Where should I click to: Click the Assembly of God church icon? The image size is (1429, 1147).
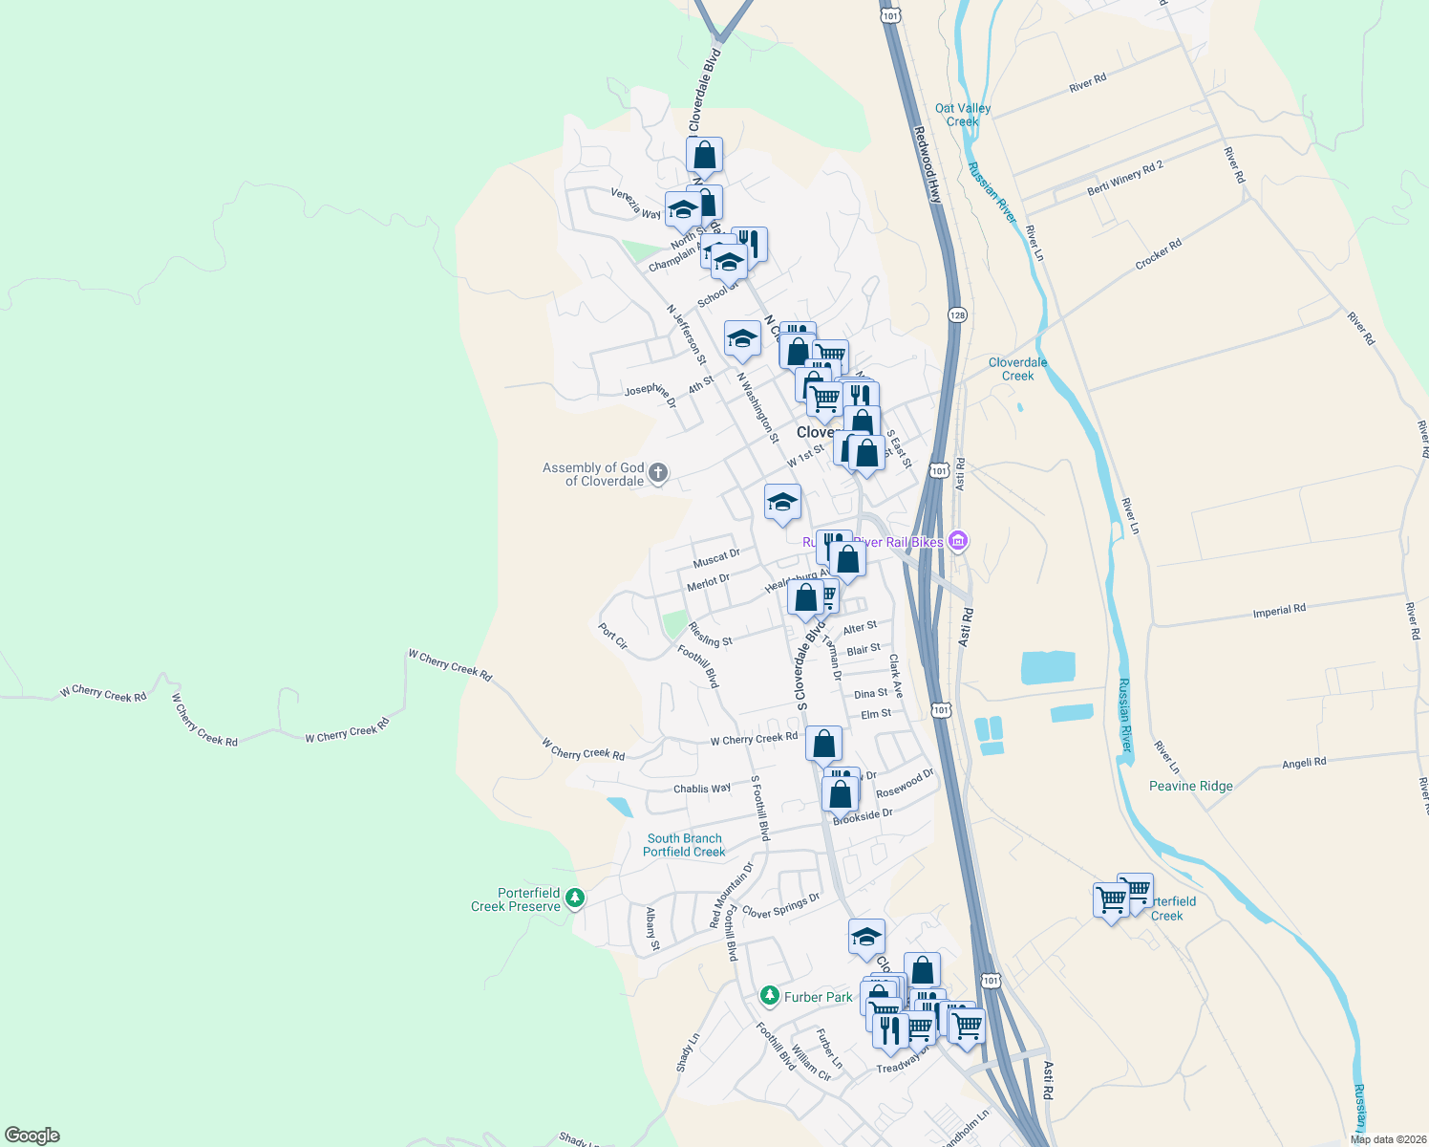click(657, 473)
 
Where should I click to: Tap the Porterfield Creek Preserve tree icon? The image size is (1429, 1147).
click(574, 898)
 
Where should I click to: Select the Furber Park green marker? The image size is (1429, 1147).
click(769, 997)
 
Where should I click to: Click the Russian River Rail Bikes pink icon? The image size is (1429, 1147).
click(958, 542)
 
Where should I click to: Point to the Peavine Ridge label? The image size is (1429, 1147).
click(1190, 786)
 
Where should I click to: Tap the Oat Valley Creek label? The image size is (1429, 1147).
click(962, 115)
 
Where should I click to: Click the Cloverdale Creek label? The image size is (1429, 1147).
click(1017, 369)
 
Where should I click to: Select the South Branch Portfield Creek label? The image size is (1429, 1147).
click(684, 845)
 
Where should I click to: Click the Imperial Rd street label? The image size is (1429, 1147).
click(1279, 610)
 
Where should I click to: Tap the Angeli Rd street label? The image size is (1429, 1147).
click(1304, 763)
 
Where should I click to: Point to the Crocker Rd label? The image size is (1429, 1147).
click(1158, 253)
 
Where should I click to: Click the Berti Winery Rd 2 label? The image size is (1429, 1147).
click(1125, 179)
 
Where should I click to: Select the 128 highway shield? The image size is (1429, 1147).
click(957, 314)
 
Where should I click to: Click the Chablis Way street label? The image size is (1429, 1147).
click(702, 789)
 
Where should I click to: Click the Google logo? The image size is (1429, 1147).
click(32, 1136)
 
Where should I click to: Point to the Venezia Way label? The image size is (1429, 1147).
click(636, 204)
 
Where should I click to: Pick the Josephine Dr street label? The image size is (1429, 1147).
click(651, 394)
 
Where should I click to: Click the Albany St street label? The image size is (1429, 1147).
click(652, 929)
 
